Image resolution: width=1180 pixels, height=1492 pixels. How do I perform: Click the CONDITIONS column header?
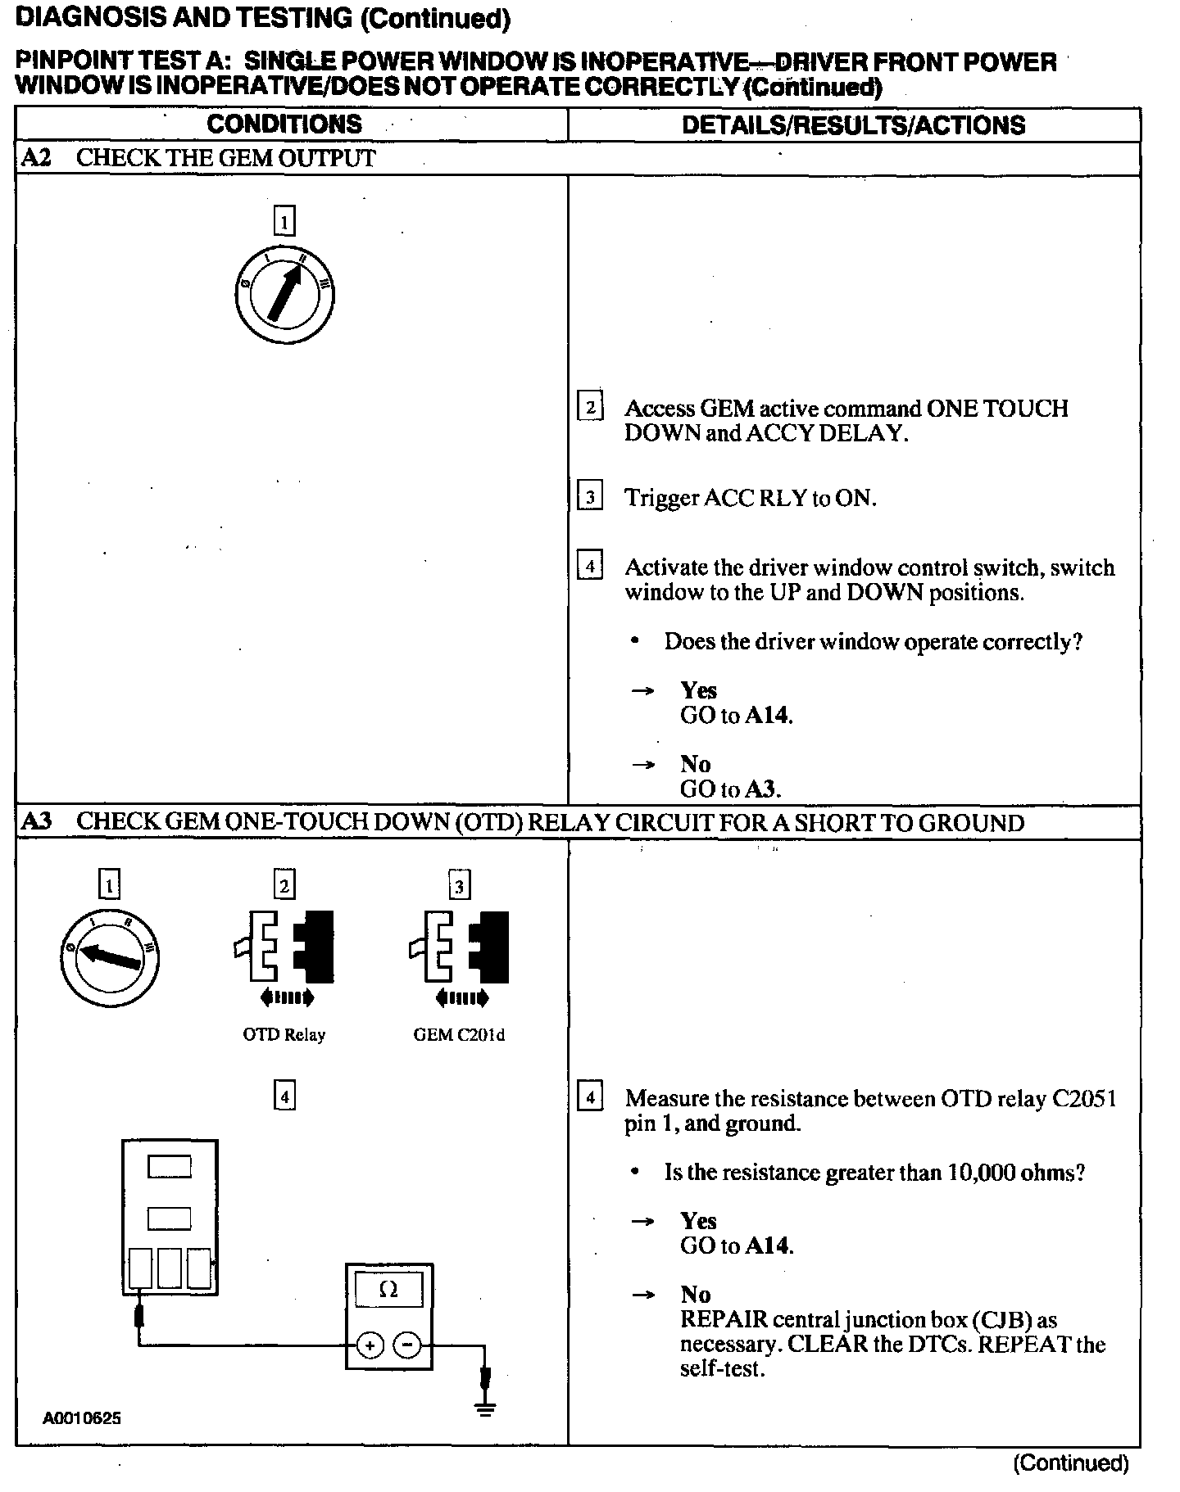pos(284,124)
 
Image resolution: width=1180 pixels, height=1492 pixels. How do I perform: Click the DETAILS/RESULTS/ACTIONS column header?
pos(853,125)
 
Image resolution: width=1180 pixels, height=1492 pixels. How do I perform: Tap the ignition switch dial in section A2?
pos(284,294)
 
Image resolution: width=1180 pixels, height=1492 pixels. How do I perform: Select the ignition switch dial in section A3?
pos(110,956)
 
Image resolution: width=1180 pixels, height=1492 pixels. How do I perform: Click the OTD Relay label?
pos(284,1035)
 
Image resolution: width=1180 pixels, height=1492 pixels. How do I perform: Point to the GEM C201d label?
pos(459,1035)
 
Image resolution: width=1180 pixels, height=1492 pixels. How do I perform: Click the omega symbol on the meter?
pos(388,1291)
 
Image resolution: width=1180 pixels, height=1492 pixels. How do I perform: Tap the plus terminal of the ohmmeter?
pos(370,1345)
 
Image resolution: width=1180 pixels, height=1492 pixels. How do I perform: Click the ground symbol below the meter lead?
pos(486,1408)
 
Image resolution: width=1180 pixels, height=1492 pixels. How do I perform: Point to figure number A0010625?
pos(82,1418)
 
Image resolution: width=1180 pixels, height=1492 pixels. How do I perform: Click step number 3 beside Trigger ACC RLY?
pos(590,496)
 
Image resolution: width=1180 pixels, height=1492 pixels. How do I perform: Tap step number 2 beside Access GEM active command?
pos(590,407)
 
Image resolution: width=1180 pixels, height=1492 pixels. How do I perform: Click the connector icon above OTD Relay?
pos(284,947)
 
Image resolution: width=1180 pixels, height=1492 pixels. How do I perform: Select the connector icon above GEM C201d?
pos(459,947)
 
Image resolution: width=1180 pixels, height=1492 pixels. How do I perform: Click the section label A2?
pos(36,158)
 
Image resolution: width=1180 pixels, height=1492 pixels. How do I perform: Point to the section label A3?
pos(36,822)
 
